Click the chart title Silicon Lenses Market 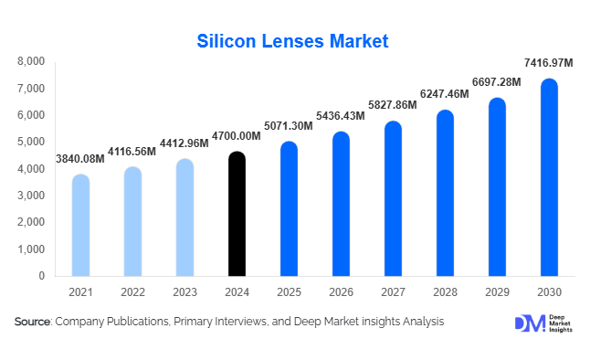[293, 41]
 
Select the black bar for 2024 [237, 214]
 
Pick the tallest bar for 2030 [549, 177]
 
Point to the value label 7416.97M [548, 62]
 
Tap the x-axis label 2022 [132, 291]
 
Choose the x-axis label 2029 [497, 291]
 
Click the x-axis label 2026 [341, 291]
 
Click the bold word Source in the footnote [32, 322]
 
